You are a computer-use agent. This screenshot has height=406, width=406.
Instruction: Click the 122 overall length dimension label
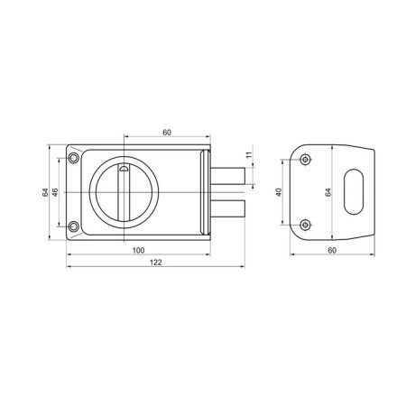tap(156, 263)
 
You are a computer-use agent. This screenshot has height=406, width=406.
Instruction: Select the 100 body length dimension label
tap(138, 250)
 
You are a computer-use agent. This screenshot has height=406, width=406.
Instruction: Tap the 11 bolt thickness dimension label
tap(249, 155)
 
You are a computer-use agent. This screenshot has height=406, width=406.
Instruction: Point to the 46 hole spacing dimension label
tap(55, 192)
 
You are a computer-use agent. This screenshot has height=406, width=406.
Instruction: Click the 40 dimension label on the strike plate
tap(279, 192)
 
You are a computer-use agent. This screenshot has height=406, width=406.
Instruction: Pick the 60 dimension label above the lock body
tap(167, 133)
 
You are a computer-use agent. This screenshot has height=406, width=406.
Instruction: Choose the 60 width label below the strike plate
tap(332, 250)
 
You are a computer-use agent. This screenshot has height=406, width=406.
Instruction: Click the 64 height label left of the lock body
tap(45, 192)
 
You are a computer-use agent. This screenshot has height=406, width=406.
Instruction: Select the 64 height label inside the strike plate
tap(328, 192)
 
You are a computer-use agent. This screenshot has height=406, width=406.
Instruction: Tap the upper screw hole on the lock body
tap(73, 158)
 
